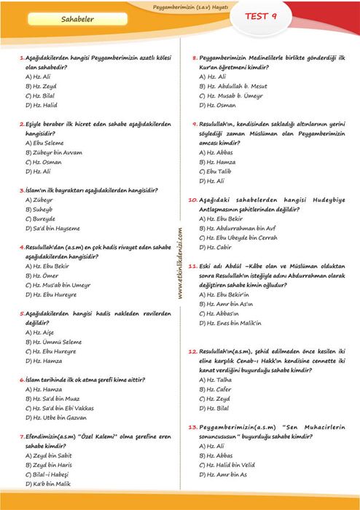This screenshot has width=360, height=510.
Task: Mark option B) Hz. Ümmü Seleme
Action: tap(55, 341)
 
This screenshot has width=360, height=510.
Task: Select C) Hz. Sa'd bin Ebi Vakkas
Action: tap(63, 408)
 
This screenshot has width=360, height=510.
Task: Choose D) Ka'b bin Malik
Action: tap(52, 484)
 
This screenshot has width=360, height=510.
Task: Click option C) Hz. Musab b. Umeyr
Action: tap(232, 95)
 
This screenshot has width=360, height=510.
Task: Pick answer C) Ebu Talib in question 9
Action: tap(218, 171)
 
